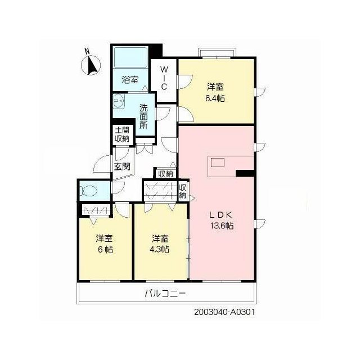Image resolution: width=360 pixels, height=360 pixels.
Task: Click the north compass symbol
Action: [x=91, y=64]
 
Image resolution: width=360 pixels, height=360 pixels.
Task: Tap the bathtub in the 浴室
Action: [x=130, y=57]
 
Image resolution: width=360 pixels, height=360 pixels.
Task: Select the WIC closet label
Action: [x=164, y=78]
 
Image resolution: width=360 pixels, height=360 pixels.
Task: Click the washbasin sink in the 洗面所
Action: [x=119, y=101]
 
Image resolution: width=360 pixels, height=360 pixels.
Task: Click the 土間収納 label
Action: [x=122, y=134]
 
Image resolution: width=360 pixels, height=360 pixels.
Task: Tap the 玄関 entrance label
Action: [x=122, y=166]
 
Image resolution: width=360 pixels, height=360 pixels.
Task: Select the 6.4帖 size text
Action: [x=215, y=98]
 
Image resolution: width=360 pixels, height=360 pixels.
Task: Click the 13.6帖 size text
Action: [x=222, y=226]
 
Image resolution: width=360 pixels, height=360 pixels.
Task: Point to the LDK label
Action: [x=221, y=215]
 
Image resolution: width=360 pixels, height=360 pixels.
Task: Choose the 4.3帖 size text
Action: [x=160, y=249]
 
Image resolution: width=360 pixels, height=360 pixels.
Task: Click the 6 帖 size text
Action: [x=105, y=249]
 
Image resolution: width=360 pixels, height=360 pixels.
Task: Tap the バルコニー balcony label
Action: [x=165, y=293]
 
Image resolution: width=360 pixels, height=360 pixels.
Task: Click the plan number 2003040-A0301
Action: [x=224, y=312]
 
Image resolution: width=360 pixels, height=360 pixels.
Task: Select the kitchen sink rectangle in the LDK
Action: [x=218, y=163]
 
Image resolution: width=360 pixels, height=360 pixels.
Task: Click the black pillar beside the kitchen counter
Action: [x=245, y=173]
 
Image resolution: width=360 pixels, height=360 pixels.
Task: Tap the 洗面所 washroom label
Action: [x=143, y=117]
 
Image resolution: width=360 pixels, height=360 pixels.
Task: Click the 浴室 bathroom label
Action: [x=130, y=80]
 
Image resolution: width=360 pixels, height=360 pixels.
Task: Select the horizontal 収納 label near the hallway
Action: [x=166, y=174]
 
